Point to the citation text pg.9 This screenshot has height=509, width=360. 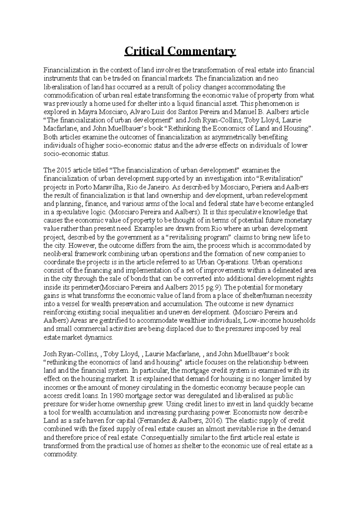(213, 287)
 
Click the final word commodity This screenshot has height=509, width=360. (60, 454)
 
